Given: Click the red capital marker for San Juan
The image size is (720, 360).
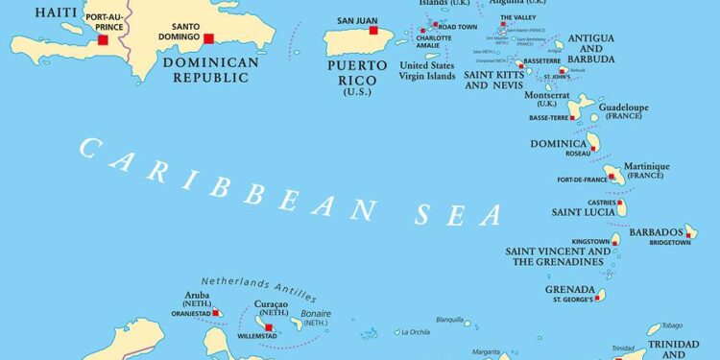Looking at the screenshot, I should click(373, 31).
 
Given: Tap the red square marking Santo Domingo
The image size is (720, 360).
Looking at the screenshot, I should click(206, 40).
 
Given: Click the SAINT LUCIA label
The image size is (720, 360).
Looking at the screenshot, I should click(585, 211).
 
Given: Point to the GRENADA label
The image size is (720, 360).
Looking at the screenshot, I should click(570, 288).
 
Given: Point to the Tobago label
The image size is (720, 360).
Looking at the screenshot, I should click(673, 325).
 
